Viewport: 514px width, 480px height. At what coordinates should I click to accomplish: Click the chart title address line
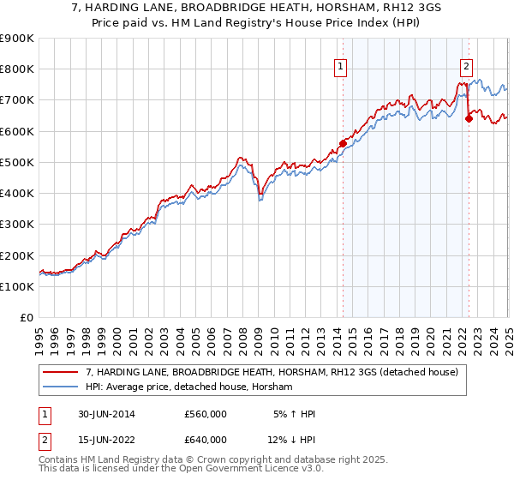(x=257, y=9)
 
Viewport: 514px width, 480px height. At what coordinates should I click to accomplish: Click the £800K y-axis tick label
(x=16, y=69)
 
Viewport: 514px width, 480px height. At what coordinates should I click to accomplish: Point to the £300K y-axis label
(x=16, y=225)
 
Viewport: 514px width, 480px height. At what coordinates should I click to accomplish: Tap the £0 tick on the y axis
(x=27, y=318)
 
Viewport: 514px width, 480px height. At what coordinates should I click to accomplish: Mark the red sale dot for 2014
(x=343, y=144)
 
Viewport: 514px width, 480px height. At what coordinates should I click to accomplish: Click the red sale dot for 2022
(x=469, y=119)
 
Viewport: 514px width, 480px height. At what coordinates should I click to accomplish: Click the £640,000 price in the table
(x=206, y=441)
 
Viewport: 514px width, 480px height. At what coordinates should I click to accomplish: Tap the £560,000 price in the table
(x=206, y=415)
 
